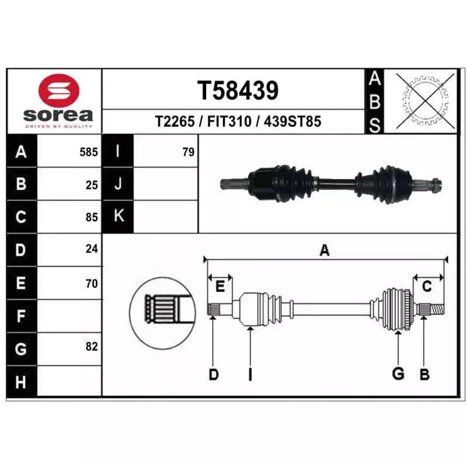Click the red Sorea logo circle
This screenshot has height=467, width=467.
coord(59,90)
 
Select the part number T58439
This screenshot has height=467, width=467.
coord(238,90)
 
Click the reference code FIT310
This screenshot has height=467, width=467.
coord(229,121)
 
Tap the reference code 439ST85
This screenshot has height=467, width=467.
coord(292,121)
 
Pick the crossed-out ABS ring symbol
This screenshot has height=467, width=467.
coord(426,101)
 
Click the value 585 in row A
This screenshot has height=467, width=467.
coord(89,152)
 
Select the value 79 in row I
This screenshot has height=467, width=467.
coord(189,152)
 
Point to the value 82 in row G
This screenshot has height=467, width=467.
coord(92,346)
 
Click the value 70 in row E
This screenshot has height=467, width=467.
coord(92,284)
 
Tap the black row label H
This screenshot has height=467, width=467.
coord(22,382)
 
